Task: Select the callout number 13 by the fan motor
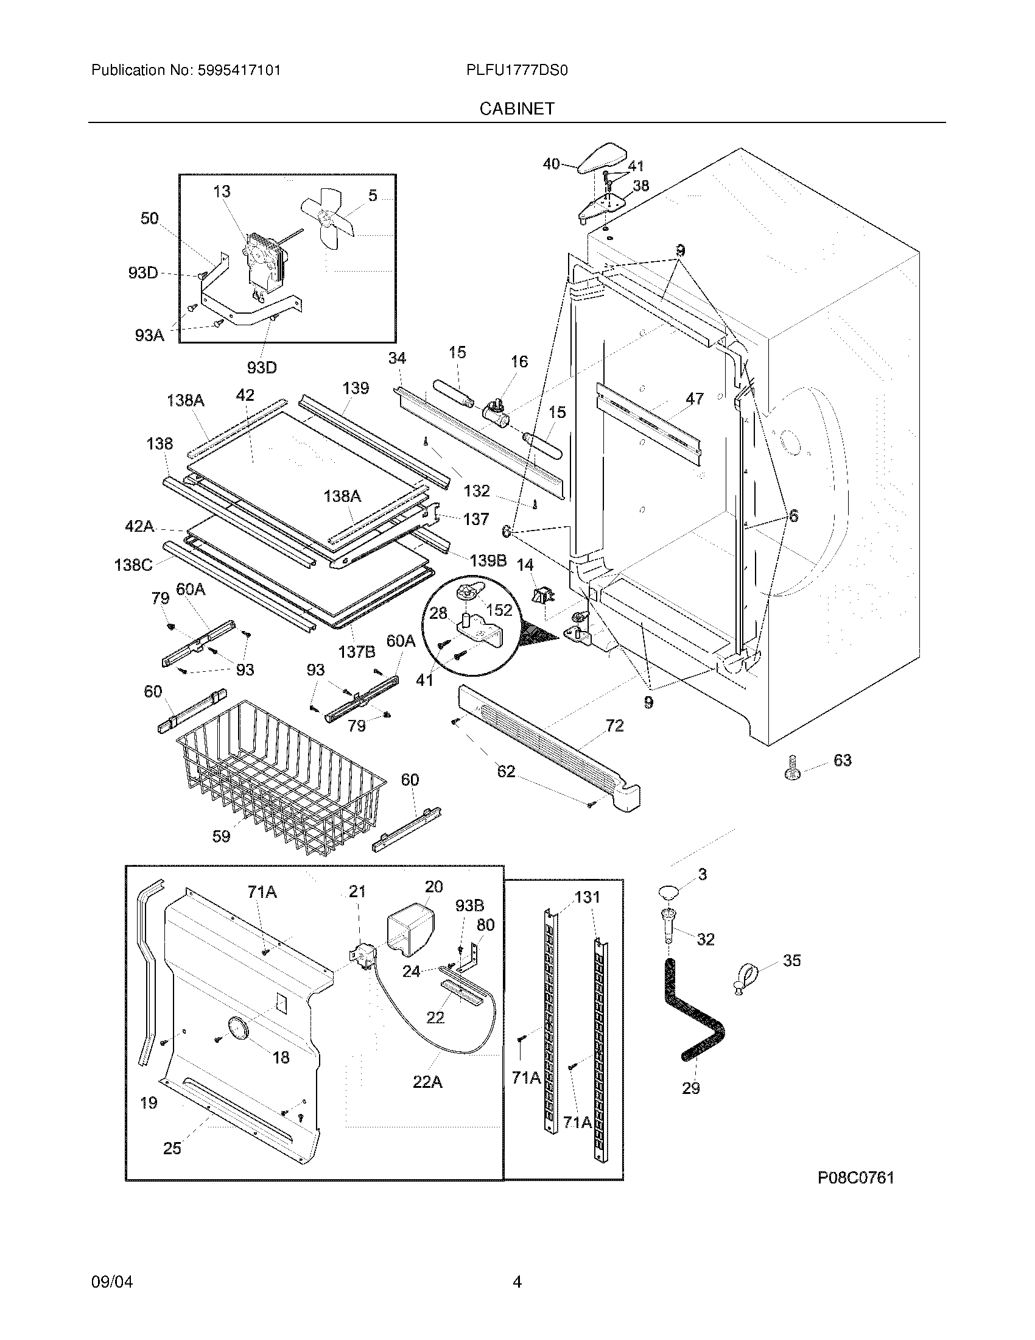222,191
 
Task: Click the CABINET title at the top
517,108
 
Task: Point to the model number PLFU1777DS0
517,70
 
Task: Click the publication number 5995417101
239,70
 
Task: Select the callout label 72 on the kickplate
614,725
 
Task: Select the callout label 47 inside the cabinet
694,398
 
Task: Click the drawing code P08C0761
855,1177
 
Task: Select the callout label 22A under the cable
427,1082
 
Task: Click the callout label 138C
133,564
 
